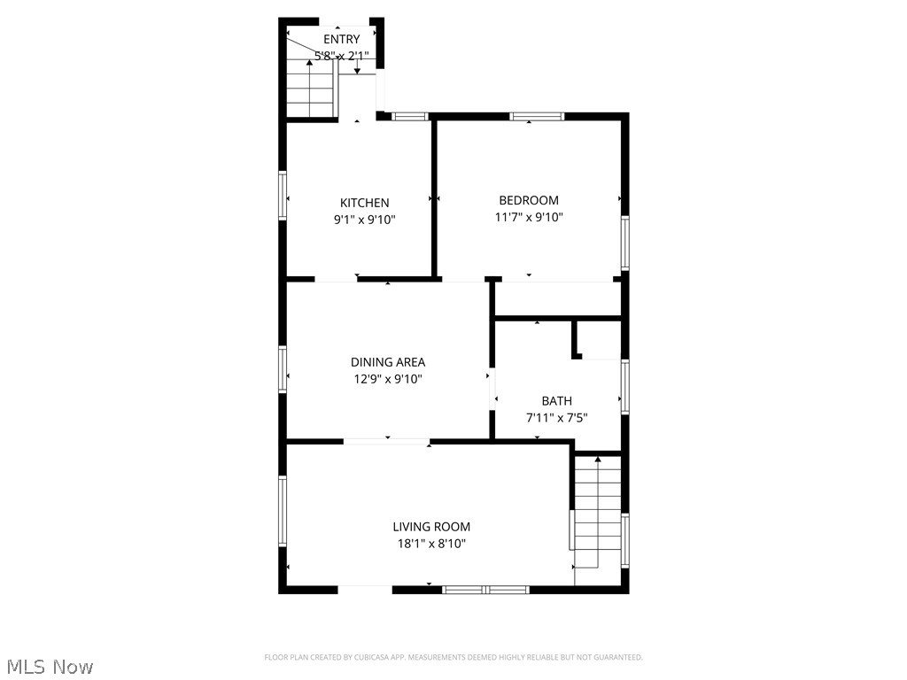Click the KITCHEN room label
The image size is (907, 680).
[364, 203]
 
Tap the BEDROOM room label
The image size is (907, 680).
[529, 200]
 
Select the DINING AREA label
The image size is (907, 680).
[387, 361]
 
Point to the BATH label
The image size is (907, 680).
[557, 401]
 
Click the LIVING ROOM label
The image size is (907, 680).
[431, 527]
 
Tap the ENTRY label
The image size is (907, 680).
[341, 39]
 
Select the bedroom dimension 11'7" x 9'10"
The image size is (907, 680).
[529, 217]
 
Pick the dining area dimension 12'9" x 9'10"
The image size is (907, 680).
[387, 379]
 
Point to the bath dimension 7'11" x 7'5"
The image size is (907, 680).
[557, 418]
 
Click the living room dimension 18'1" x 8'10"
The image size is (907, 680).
[431, 544]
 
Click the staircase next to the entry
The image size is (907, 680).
[310, 89]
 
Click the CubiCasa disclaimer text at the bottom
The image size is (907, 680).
[453, 657]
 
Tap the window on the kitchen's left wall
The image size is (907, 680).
[283, 195]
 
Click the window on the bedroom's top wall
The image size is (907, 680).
[537, 116]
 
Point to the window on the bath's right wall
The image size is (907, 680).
[624, 387]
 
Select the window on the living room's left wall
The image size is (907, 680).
[283, 511]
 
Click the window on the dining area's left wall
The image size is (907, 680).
[283, 368]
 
